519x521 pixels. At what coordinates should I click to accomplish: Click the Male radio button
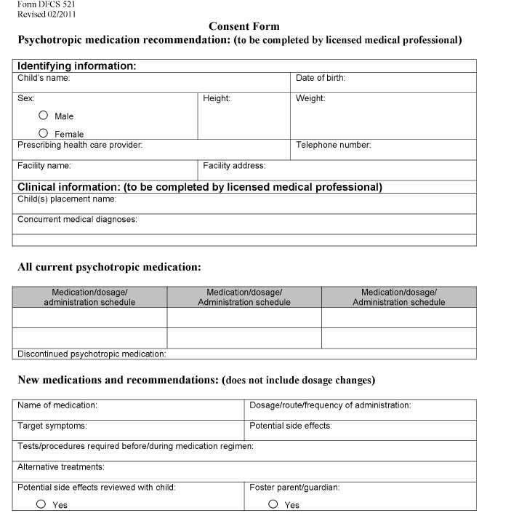point(44,116)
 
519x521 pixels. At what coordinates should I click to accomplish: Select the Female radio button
point(44,133)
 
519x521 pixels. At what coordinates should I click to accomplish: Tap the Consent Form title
point(244,27)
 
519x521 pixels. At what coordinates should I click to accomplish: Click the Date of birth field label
point(320,78)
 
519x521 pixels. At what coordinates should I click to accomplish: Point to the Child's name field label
point(44,78)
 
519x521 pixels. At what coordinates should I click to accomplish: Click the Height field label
point(217,98)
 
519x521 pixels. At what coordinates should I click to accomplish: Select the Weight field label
point(310,98)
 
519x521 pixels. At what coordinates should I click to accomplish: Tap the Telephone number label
point(333,145)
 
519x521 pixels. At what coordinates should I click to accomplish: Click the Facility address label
point(234,166)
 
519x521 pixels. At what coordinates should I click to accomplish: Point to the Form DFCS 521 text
point(46,4)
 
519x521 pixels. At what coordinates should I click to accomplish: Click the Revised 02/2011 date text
point(46,14)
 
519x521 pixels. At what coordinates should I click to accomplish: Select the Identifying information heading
point(76,66)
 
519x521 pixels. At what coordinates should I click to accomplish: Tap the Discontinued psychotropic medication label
point(92,354)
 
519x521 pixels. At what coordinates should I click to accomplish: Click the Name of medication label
point(57,405)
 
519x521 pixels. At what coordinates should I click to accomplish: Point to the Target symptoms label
point(52,426)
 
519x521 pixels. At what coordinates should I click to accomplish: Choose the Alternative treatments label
point(61,466)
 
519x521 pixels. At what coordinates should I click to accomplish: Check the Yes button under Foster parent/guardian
point(273,504)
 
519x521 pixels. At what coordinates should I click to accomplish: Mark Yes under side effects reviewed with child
point(41,504)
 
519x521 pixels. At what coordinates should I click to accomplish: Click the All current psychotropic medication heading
point(109,267)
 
